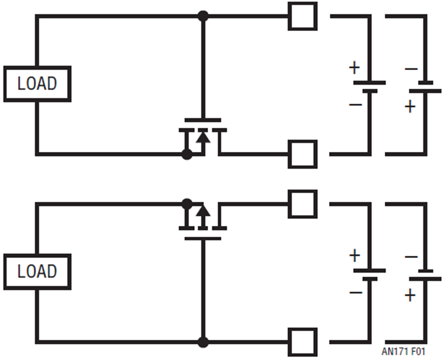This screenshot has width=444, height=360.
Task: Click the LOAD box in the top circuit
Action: click(37, 84)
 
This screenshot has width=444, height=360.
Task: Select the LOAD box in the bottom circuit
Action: click(37, 271)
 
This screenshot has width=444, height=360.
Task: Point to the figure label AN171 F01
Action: click(403, 352)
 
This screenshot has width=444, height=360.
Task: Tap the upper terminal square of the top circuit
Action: click(302, 16)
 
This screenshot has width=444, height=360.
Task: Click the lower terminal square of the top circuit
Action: click(302, 154)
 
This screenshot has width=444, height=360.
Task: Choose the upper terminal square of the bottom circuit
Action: click(302, 204)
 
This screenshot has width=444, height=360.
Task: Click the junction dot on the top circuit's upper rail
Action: click(202, 16)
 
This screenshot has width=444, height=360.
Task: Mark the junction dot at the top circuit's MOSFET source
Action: click(186, 154)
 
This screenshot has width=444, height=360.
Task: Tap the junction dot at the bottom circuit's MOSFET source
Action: click(186, 203)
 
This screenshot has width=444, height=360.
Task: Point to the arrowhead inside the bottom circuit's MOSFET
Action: click(202, 212)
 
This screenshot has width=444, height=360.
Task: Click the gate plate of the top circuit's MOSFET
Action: click(202, 120)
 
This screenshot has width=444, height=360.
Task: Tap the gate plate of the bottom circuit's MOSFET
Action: click(202, 238)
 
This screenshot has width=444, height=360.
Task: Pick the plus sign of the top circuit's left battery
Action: click(354, 68)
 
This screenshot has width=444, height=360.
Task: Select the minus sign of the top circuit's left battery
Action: click(355, 105)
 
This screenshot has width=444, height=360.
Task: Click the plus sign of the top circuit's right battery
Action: click(410, 106)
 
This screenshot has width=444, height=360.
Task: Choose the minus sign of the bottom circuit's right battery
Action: click(410, 257)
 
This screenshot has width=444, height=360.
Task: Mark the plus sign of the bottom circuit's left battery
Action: click(354, 255)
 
